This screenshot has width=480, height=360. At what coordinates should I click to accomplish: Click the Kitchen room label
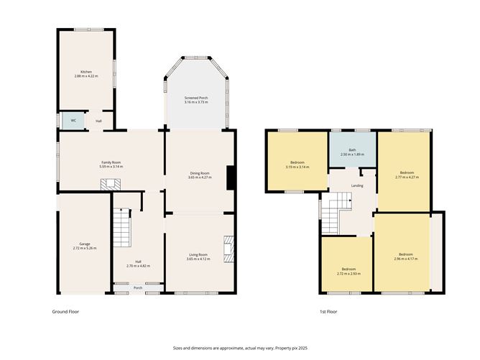(x=86, y=72)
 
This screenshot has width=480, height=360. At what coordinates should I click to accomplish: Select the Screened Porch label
(x=196, y=98)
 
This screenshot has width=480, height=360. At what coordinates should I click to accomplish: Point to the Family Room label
(x=110, y=162)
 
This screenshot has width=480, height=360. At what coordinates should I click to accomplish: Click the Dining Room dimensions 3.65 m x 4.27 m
(x=199, y=177)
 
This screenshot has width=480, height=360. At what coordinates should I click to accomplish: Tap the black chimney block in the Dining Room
(x=230, y=177)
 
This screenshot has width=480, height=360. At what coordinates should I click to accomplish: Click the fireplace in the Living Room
(x=229, y=250)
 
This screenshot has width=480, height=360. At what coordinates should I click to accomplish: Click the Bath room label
(x=352, y=149)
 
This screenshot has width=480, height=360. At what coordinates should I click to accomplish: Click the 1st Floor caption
(x=328, y=312)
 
